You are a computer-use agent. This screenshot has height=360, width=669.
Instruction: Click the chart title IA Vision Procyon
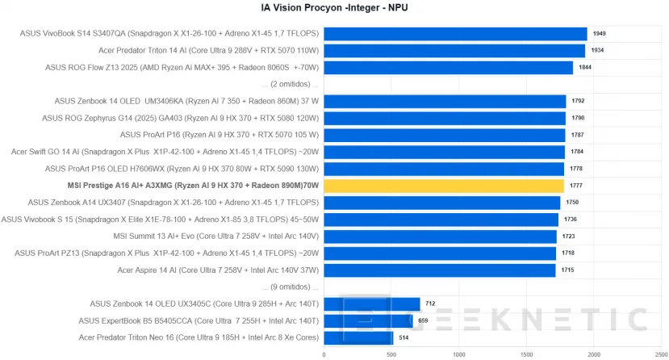(x=334, y=9)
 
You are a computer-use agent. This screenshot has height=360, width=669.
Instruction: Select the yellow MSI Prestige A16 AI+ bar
(x=443, y=186)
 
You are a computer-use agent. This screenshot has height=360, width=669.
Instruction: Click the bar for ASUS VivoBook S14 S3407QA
(x=455, y=33)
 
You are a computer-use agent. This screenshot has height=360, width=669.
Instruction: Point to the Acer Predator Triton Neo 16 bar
(x=358, y=337)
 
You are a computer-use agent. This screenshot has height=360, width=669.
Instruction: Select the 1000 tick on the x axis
(x=459, y=354)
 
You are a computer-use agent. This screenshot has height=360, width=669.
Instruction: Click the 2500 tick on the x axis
(x=662, y=354)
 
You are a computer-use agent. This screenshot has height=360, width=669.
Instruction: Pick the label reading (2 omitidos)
(x=291, y=84)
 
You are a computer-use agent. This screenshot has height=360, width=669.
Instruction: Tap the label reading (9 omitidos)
(x=291, y=287)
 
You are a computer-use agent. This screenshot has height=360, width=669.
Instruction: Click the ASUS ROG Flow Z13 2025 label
(x=182, y=67)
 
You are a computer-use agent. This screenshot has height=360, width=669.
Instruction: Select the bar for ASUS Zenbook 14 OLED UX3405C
(x=372, y=303)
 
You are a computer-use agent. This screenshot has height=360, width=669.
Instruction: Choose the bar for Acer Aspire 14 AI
(x=440, y=270)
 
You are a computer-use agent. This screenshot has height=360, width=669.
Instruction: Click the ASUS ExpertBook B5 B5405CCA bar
(x=368, y=320)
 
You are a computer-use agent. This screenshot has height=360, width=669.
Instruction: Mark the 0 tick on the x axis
(x=324, y=354)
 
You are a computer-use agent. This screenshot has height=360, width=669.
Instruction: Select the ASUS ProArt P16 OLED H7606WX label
(x=182, y=169)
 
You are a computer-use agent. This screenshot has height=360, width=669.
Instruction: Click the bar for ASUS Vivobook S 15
(x=441, y=220)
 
